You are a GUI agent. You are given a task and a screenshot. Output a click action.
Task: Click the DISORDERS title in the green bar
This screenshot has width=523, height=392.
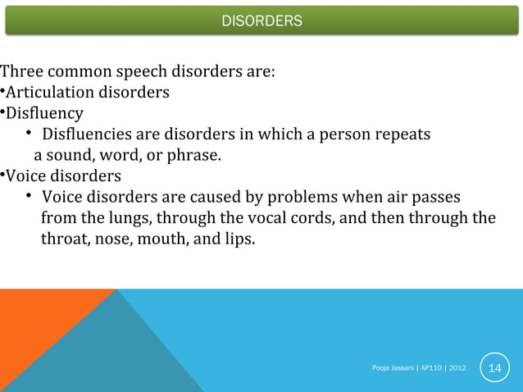(x=261, y=20)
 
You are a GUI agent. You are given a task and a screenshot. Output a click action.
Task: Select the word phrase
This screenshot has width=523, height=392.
(x=197, y=155)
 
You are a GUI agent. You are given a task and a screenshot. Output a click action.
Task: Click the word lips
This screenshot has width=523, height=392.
(x=239, y=240)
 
